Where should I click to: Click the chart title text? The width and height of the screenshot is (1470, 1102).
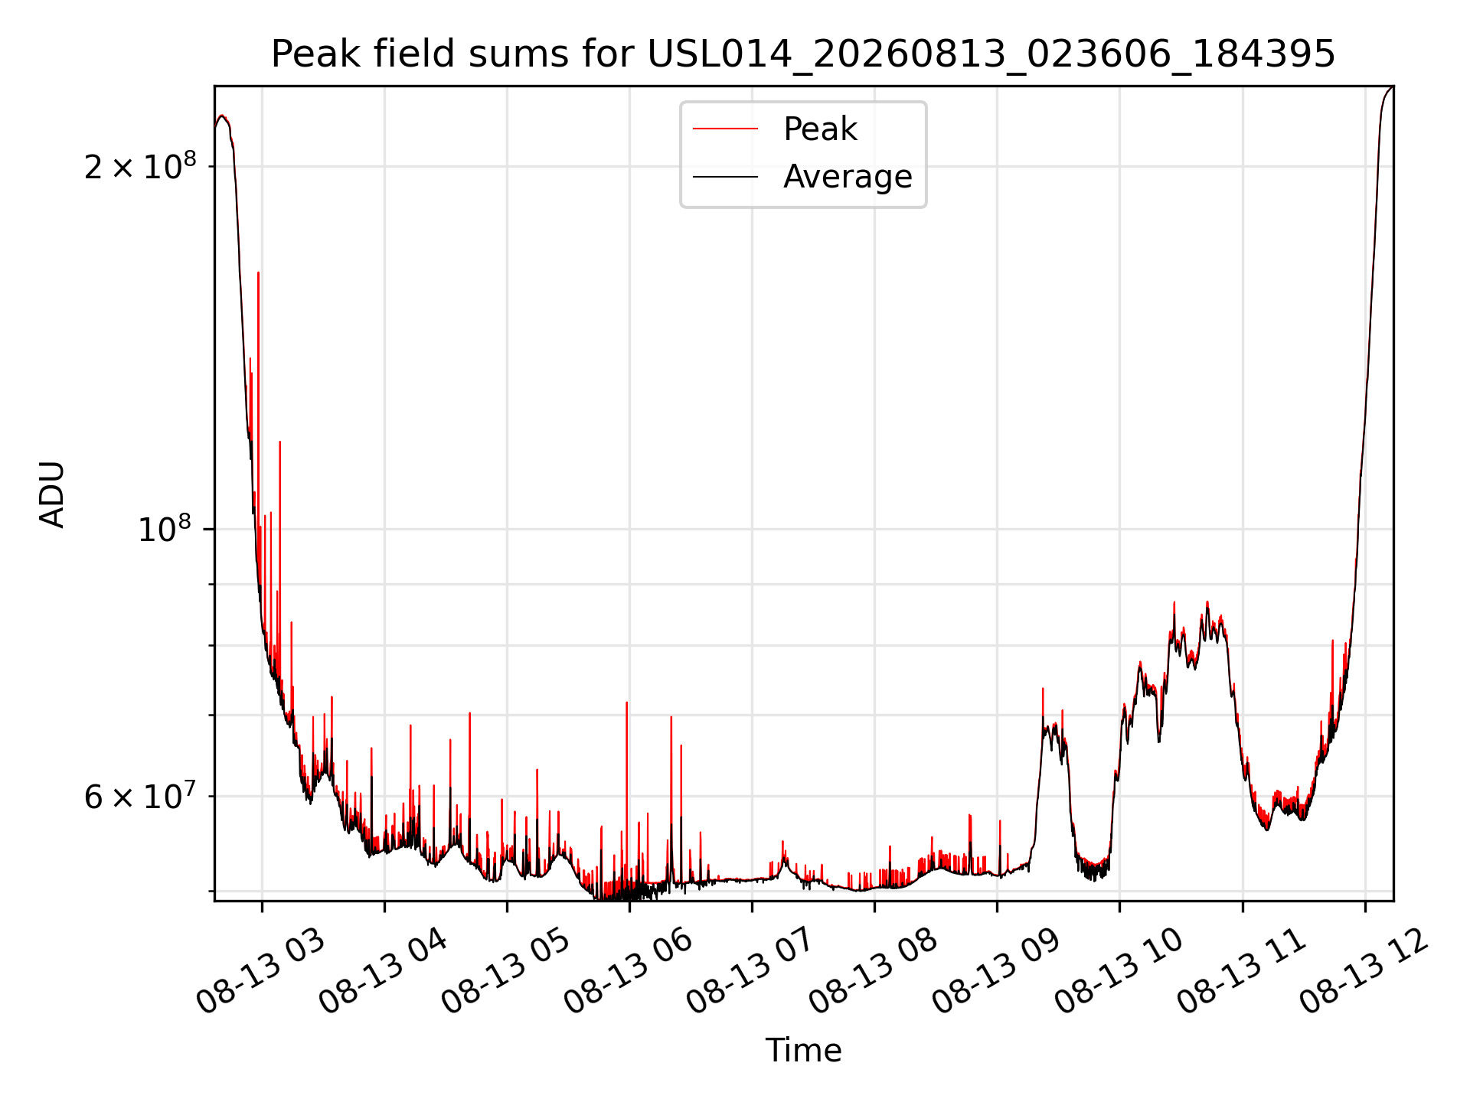[803, 54]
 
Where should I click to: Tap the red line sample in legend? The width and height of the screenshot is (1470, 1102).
[725, 129]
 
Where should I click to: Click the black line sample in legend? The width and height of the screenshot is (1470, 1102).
[725, 177]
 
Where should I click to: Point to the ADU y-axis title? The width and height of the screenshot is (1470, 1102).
[52, 494]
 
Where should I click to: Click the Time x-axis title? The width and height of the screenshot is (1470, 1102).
[803, 1050]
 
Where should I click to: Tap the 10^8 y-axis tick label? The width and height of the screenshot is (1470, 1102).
[164, 528]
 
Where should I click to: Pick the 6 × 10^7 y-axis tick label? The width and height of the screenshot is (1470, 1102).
[140, 795]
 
